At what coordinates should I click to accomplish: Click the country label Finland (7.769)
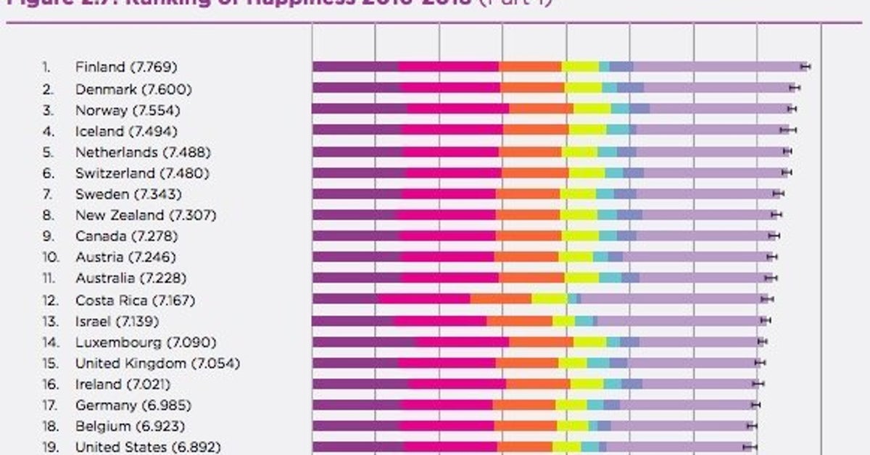pyautogui.click(x=126, y=67)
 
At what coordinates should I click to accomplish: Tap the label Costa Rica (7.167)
pyautogui.click(x=135, y=300)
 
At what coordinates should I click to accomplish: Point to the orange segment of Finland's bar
pyautogui.click(x=530, y=67)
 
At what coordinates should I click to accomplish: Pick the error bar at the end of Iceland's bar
pyautogui.click(x=788, y=130)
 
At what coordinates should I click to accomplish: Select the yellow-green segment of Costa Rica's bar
pyautogui.click(x=550, y=299)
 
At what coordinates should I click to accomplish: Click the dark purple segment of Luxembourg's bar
pyautogui.click(x=364, y=341)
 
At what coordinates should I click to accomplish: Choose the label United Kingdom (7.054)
pyautogui.click(x=157, y=363)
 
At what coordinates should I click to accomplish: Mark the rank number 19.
pyautogui.click(x=49, y=447)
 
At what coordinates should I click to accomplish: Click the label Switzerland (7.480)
pyautogui.click(x=142, y=173)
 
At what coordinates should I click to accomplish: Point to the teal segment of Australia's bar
pyautogui.click(x=610, y=277)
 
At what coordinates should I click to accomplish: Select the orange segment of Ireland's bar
pyautogui.click(x=538, y=384)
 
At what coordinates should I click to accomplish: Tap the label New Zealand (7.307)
pyautogui.click(x=145, y=215)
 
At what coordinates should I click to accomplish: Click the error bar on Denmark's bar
pyautogui.click(x=795, y=88)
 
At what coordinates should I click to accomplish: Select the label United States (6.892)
pyautogui.click(x=148, y=447)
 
